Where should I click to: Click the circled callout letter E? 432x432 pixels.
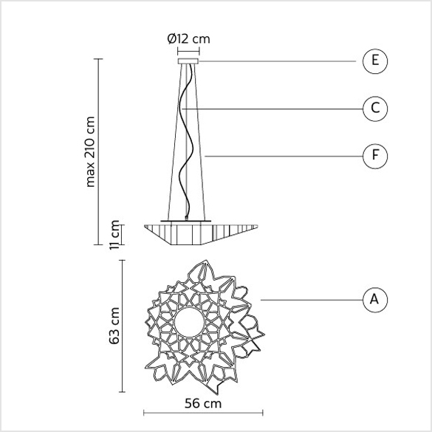click(375, 61)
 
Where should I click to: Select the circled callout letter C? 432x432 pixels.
click(375, 109)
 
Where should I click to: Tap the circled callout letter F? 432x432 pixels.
click(375, 156)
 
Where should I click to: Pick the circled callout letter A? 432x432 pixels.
click(375, 300)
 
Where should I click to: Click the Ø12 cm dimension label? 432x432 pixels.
click(189, 39)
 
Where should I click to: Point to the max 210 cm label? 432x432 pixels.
click(90, 152)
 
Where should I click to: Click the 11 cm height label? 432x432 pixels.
click(114, 235)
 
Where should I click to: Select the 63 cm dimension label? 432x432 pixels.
click(114, 326)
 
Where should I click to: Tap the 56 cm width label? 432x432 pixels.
click(203, 404)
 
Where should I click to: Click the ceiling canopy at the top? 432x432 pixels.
click(188, 61)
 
